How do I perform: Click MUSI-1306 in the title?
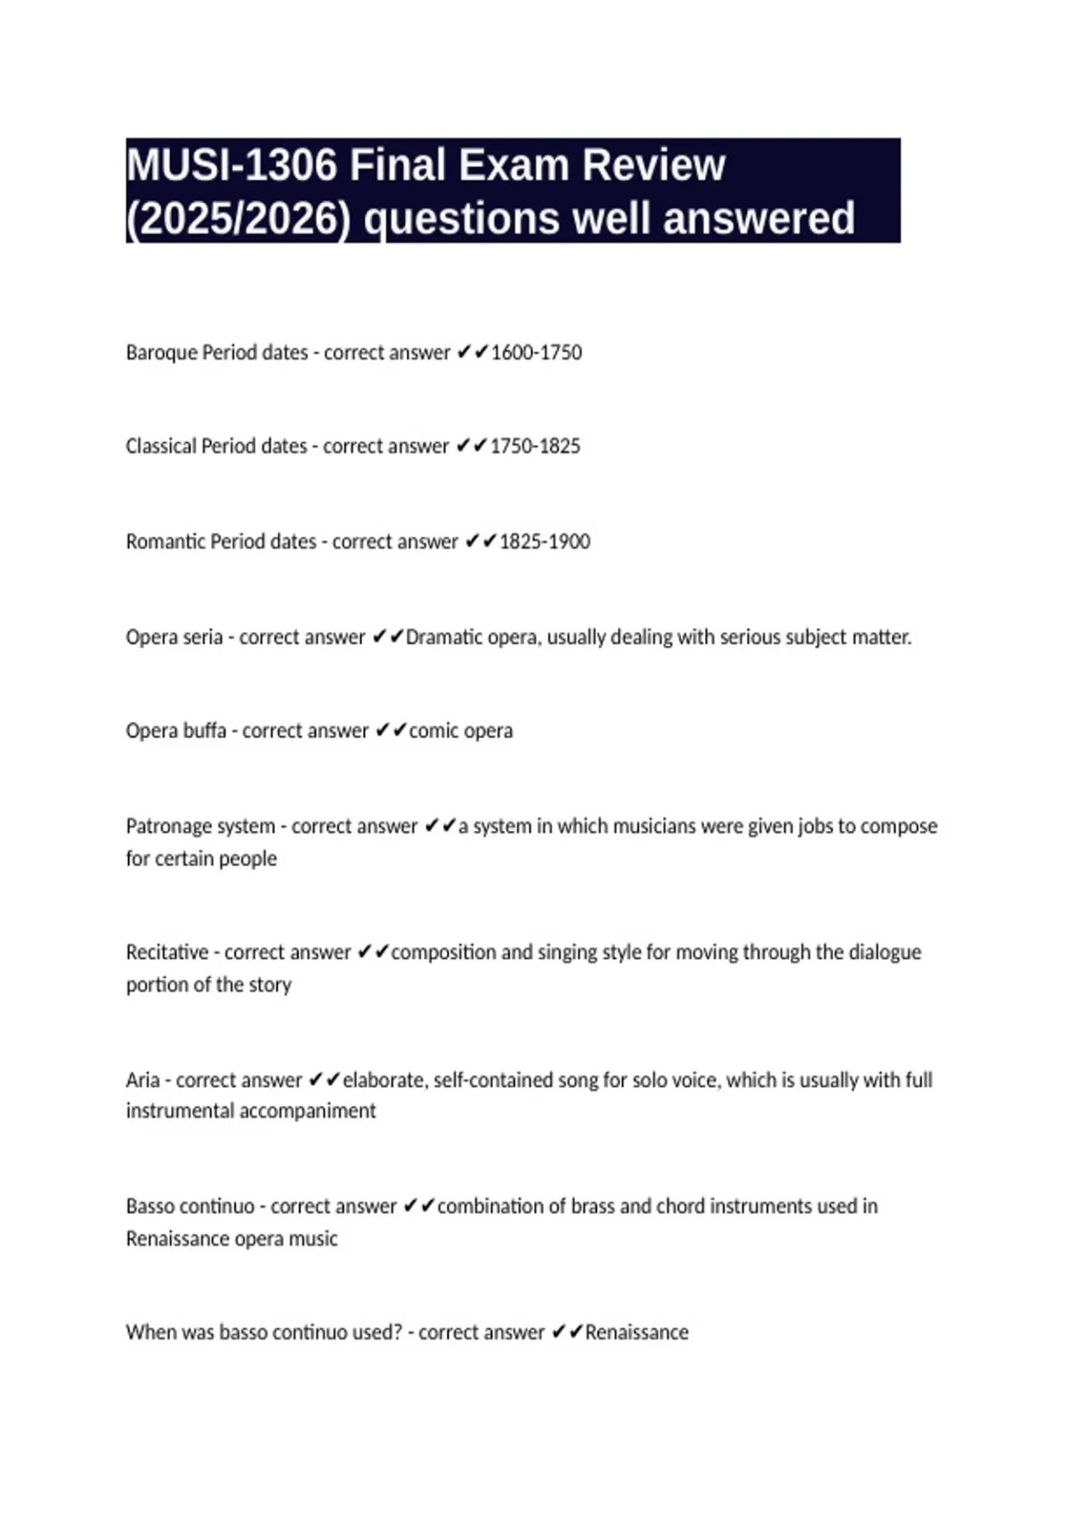232,166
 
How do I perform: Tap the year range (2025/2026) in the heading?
239,219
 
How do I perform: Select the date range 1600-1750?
537,352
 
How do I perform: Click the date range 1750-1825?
535,446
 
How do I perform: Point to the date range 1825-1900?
545,541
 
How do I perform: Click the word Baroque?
162,352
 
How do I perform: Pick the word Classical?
161,446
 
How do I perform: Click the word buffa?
205,731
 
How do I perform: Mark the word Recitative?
167,952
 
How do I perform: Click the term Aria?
142,1080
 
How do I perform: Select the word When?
150,1332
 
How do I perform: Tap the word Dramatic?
441,637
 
